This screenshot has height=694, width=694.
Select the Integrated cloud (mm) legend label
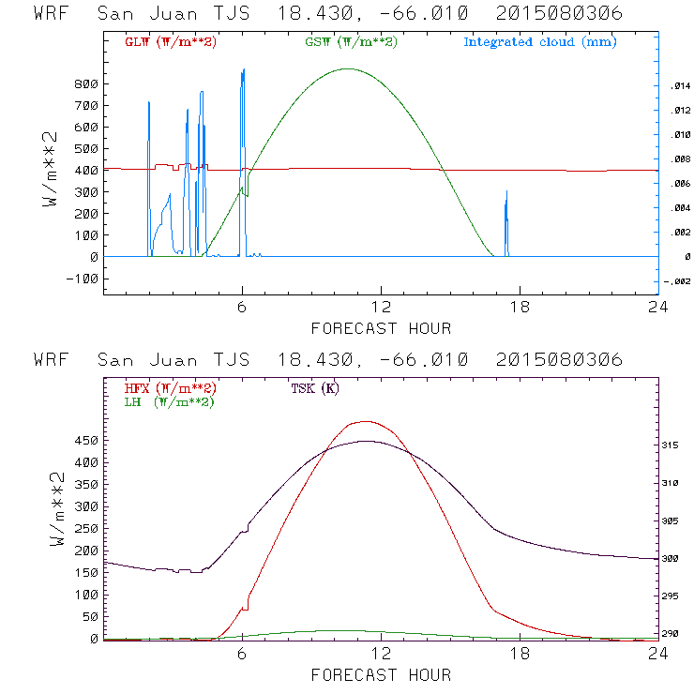[x=540, y=42]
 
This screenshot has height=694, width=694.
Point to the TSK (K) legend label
[x=314, y=388]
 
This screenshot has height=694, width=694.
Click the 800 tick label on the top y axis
[x=86, y=83]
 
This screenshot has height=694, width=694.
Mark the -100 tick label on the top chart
[x=83, y=279]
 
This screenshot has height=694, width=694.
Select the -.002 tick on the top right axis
[x=677, y=281]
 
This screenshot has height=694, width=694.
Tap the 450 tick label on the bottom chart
[x=86, y=440]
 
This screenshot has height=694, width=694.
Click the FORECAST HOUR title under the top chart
[x=381, y=328]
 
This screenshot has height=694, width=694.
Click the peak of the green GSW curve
[x=348, y=68]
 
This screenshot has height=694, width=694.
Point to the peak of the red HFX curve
[x=364, y=421]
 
